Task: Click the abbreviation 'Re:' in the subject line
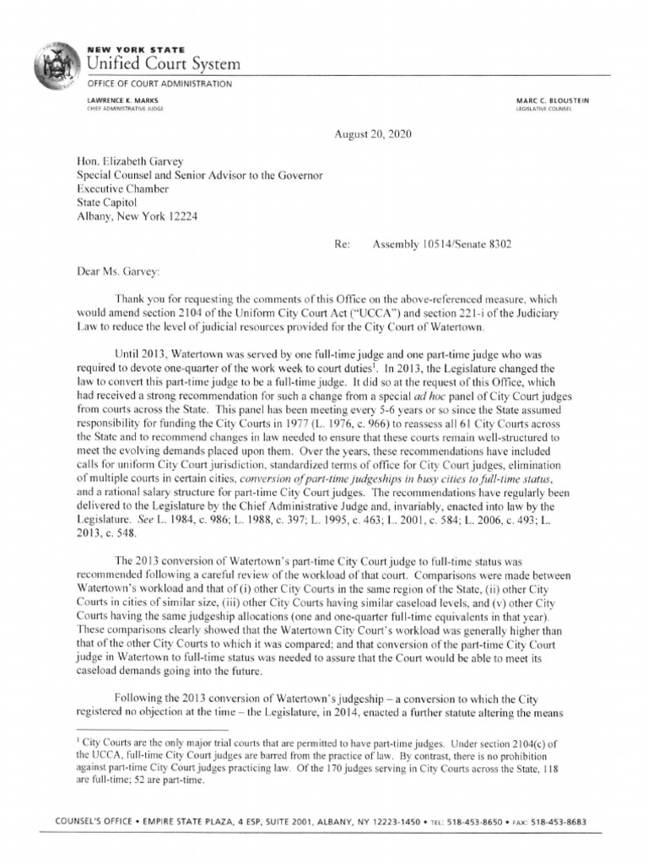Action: pos(342,244)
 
